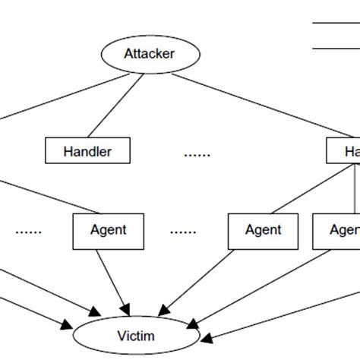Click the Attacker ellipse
[x=150, y=54]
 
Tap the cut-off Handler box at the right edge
[x=344, y=151]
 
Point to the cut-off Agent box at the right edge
[x=337, y=229]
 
